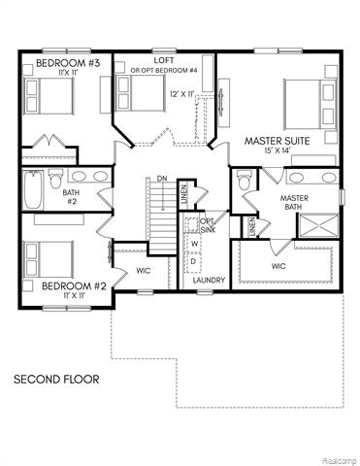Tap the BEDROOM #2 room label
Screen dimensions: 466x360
pyautogui.click(x=72, y=285)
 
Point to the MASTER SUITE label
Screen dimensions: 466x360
pyautogui.click(x=277, y=142)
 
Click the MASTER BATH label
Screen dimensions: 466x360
pyautogui.click(x=294, y=202)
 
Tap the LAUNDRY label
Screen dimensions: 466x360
pyautogui.click(x=210, y=281)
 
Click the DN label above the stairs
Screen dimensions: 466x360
pyautogui.click(x=163, y=179)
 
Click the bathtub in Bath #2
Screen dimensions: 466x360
pyautogui.click(x=32, y=191)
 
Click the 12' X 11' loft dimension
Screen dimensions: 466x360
pyautogui.click(x=181, y=94)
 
